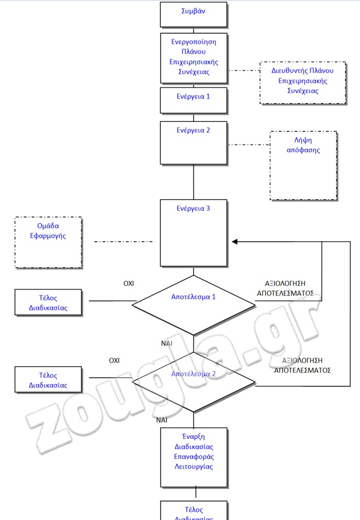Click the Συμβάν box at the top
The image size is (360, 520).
coord(193,14)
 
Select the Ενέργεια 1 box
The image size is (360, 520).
coord(193,100)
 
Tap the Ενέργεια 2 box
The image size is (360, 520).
coord(193,143)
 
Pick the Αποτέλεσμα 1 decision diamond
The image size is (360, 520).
coord(193,305)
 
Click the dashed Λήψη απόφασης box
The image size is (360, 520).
coord(303,166)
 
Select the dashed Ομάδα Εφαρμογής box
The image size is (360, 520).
coord(48,242)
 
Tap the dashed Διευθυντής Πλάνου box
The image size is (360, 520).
coord(303,83)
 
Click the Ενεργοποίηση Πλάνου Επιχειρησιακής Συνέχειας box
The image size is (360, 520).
coord(193,58)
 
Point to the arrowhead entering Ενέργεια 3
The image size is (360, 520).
coord(235,242)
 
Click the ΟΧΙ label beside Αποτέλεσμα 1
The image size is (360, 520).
coord(128,283)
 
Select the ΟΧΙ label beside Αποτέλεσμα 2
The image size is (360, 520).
coord(114,361)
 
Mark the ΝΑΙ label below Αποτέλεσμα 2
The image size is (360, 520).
coord(162,420)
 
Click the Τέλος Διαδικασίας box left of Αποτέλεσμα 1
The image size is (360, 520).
coord(48,303)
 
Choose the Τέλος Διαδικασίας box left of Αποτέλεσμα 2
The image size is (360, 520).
coord(48,380)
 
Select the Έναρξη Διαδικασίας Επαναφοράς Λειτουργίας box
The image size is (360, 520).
coord(193,457)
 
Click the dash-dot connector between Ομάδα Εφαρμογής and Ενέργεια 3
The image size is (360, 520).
coord(123,242)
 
